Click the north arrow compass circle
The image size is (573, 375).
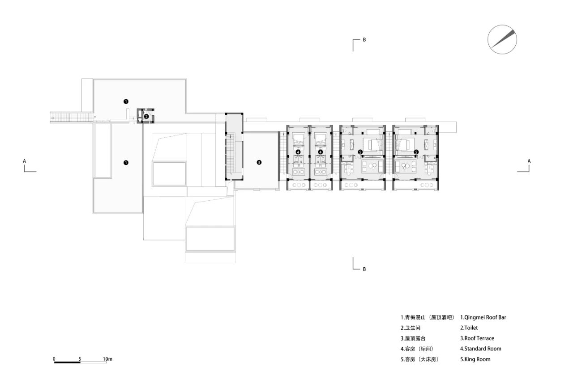click(502, 39)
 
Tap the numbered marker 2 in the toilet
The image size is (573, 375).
click(146, 117)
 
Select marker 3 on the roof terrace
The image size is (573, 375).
click(259, 162)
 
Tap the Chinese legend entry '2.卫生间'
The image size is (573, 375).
click(411, 328)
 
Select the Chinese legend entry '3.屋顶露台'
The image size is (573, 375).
click(413, 338)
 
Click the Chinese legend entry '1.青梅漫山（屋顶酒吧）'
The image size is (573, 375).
click(428, 317)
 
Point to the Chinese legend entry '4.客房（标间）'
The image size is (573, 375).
click(417, 349)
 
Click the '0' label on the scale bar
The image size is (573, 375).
click(54, 359)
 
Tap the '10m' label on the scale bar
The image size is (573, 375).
click(107, 359)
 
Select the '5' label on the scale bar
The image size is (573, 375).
click(80, 359)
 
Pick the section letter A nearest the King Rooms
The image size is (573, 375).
click(529, 161)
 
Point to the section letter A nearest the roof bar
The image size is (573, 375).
click(25, 161)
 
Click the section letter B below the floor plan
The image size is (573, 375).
click(364, 270)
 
